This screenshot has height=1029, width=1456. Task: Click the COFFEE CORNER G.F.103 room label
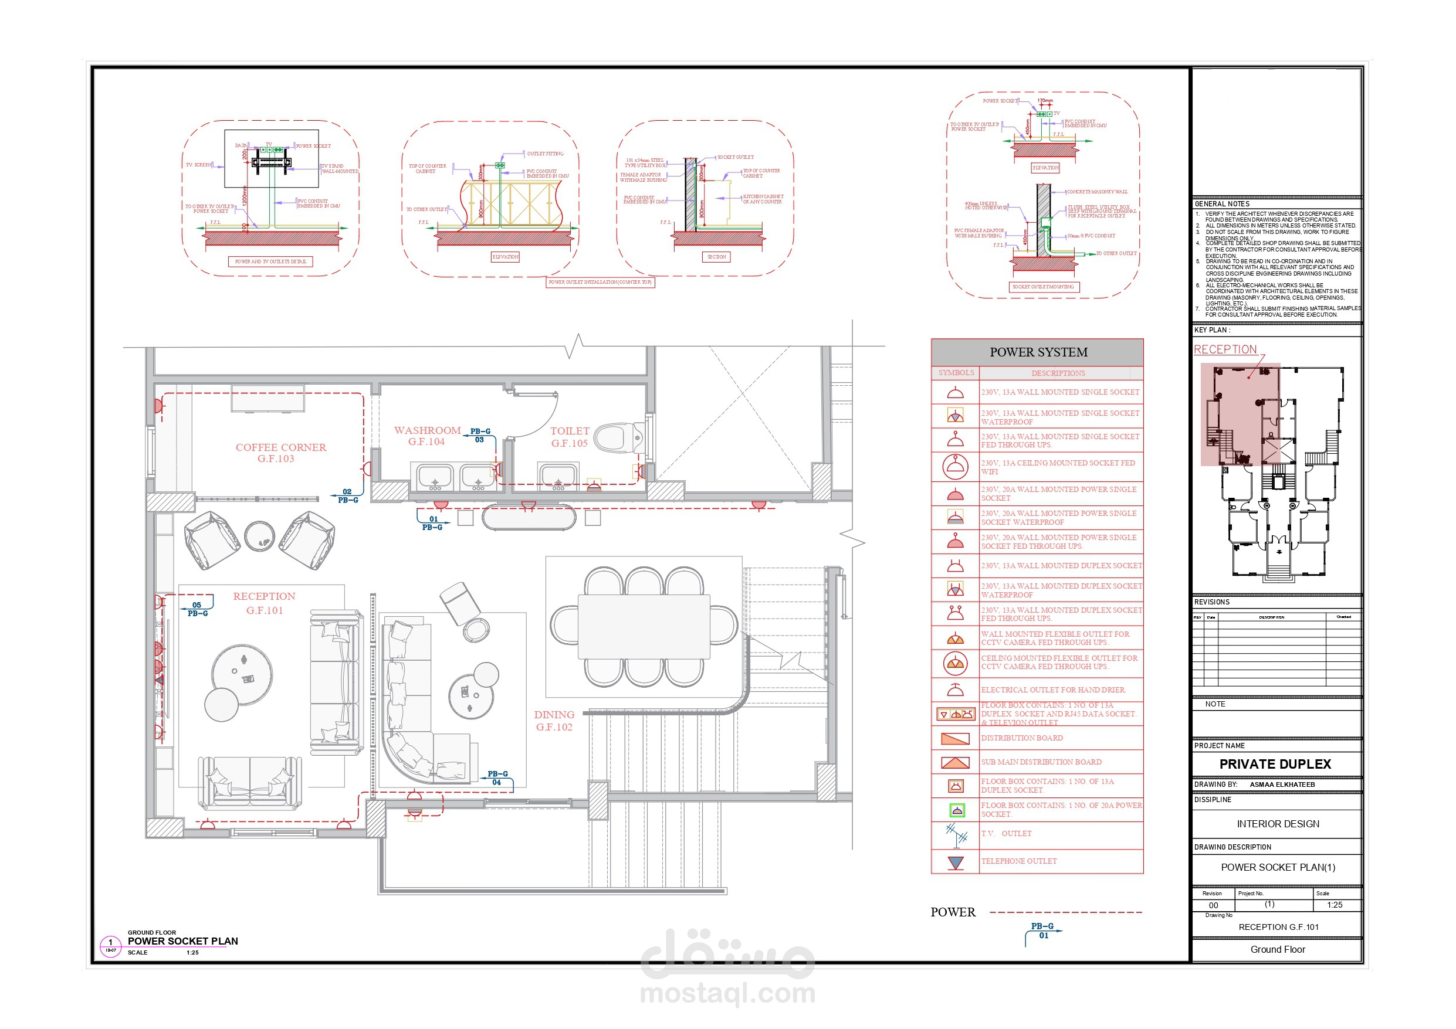point(280,453)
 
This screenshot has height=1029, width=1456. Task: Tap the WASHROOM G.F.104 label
point(427,436)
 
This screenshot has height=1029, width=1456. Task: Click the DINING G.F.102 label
point(554,720)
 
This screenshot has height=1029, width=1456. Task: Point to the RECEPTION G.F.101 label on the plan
point(265,603)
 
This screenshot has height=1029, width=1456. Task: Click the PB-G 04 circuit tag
point(497,778)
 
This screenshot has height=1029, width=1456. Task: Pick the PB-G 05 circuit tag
point(197,609)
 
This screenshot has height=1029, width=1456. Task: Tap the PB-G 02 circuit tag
point(347,496)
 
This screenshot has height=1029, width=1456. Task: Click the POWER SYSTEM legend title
point(1038,352)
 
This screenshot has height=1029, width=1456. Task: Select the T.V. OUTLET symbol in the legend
point(956,835)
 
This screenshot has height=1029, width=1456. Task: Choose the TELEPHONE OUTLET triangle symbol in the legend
point(956,862)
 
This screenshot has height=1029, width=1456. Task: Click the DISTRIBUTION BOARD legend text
point(1022,738)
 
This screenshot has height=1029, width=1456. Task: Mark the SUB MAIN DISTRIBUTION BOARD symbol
point(955,762)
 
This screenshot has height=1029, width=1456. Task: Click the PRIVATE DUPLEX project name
point(1275,764)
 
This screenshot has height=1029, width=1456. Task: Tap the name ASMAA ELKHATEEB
point(1282,785)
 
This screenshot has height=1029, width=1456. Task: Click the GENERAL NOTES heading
point(1221,204)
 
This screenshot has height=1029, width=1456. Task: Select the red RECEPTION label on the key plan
point(1224,349)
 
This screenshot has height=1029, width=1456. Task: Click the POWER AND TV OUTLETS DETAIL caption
point(270,262)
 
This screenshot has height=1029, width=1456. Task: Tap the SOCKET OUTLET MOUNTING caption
point(1043,287)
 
